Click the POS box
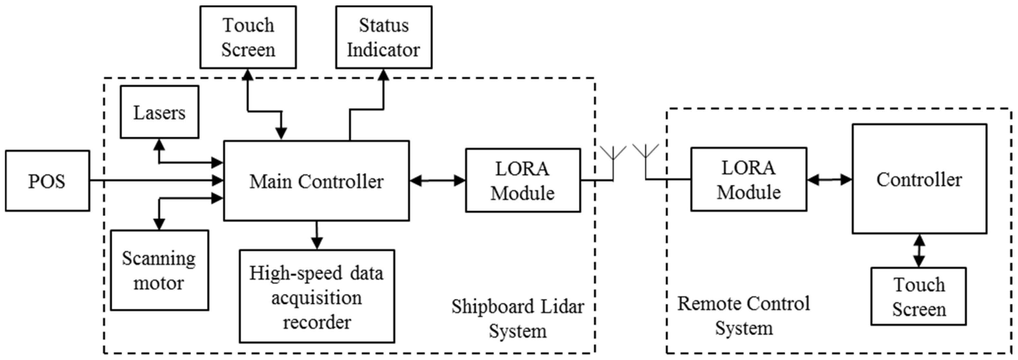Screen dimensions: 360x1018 [x=47, y=181]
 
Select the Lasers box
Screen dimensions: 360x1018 [x=159, y=112]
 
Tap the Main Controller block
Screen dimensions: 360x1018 [x=316, y=181]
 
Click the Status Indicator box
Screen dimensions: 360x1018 [x=383, y=37]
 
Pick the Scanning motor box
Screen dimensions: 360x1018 [x=159, y=270]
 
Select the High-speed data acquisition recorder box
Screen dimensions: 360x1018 [x=316, y=296]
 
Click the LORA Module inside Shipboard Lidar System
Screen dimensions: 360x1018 [x=522, y=180]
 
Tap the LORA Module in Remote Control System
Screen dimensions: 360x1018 [x=748, y=179]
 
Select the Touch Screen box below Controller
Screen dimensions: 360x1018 [x=918, y=296]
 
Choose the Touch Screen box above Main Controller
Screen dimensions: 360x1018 [x=248, y=37]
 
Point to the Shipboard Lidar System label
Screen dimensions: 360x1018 [x=518, y=318]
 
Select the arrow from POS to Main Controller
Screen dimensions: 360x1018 [x=156, y=181]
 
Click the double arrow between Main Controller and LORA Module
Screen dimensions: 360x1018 [x=437, y=181]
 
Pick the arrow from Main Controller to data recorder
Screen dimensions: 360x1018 [x=316, y=235]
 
